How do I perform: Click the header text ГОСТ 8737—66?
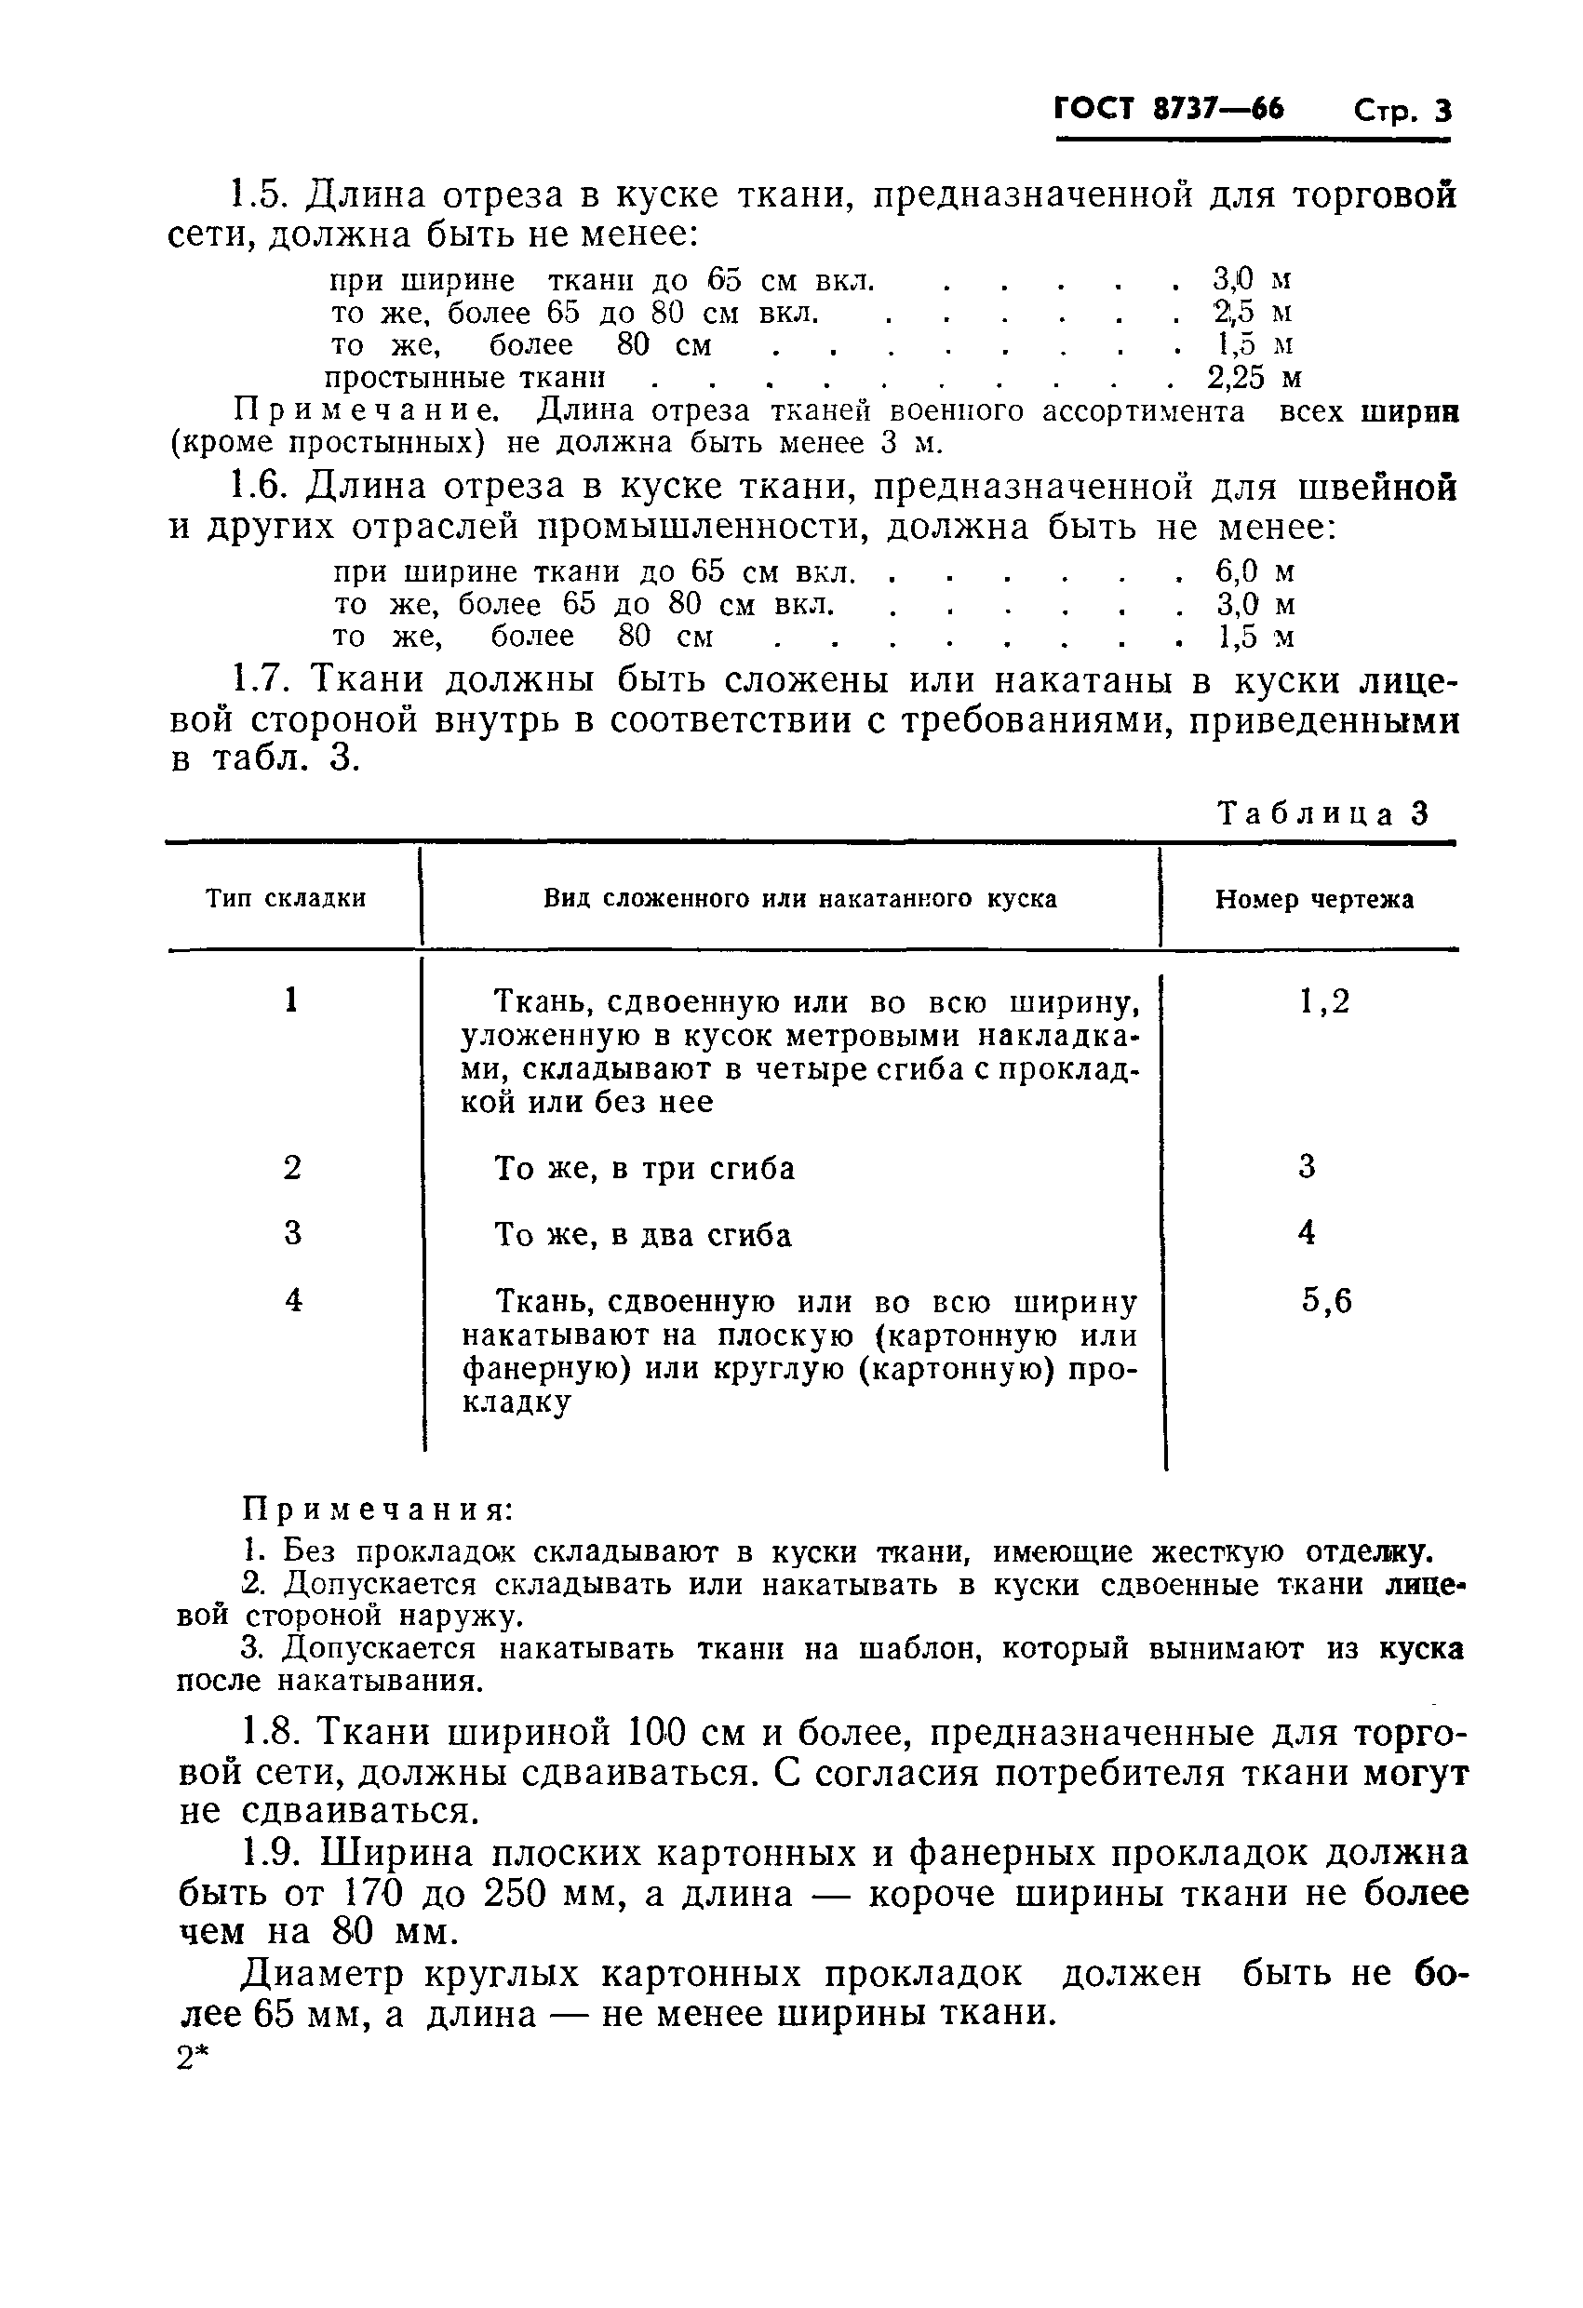tap(1168, 108)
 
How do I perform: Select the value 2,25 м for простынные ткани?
tap(1254, 379)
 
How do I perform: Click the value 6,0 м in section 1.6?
tap(1255, 571)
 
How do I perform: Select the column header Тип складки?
tap(286, 899)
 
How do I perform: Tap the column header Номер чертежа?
tap(1314, 900)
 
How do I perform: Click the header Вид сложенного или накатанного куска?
tap(799, 899)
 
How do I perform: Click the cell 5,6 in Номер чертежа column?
tap(1327, 1301)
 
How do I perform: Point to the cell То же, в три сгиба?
tap(645, 1169)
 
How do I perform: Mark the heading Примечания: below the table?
tap(379, 1510)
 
